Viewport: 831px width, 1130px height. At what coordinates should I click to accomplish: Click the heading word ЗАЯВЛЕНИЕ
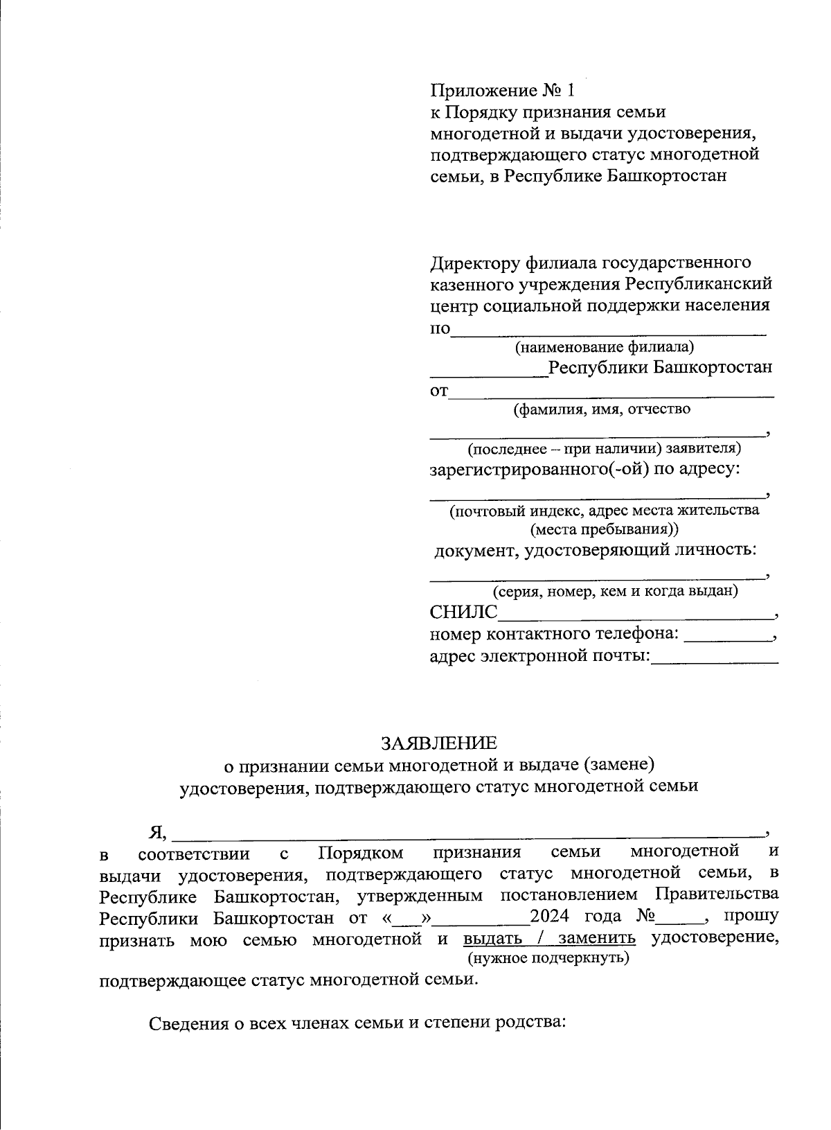coord(438,743)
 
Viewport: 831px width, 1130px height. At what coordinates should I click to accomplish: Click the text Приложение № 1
coord(503,91)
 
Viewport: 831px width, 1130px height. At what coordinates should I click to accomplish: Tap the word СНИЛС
coord(463,612)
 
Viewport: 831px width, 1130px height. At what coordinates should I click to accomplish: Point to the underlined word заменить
coord(597,939)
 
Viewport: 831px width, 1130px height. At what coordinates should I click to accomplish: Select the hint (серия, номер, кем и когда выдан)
coord(615,592)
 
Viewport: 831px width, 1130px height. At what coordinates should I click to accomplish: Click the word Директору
coord(476,263)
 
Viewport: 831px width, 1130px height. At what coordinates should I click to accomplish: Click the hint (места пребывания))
coord(605,530)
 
